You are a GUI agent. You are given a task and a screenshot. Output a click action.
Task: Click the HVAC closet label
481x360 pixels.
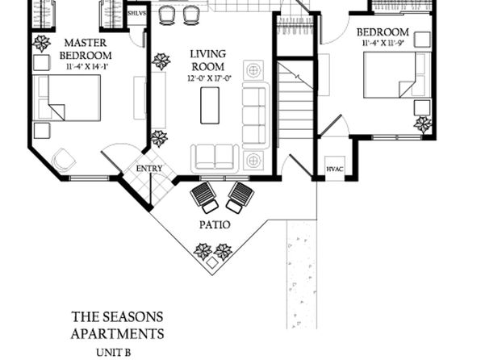(x=335, y=170)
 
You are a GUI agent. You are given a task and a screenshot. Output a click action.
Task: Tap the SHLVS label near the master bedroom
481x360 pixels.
(x=137, y=14)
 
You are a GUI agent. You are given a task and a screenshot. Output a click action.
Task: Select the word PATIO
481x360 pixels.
(x=215, y=225)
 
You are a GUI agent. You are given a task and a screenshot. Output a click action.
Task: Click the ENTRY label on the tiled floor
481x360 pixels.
(x=149, y=169)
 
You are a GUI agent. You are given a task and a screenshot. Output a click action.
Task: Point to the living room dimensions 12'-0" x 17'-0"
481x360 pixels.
(x=209, y=79)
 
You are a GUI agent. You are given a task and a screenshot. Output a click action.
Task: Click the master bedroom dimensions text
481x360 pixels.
(x=87, y=67)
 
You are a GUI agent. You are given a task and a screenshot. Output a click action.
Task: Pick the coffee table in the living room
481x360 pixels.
(x=210, y=106)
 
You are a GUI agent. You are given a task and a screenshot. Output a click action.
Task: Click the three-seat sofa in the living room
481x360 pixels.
(x=254, y=115)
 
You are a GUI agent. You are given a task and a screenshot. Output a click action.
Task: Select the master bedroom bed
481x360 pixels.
(x=67, y=98)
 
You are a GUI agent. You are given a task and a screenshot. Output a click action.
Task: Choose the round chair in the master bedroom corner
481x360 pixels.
(x=64, y=159)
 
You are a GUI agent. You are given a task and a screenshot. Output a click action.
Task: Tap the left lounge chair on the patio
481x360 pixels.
(x=204, y=197)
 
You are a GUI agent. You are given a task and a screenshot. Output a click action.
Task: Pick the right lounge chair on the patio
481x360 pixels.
(x=240, y=197)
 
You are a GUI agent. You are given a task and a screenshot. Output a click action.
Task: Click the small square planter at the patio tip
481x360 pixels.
(x=212, y=263)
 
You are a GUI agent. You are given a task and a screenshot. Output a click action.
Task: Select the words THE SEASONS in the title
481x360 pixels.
(x=117, y=317)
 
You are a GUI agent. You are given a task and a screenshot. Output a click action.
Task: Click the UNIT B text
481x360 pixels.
(x=114, y=353)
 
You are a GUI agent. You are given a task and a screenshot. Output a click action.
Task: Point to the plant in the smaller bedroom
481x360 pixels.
(x=423, y=124)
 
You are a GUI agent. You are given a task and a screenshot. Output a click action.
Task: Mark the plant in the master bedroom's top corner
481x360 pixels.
(x=42, y=44)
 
